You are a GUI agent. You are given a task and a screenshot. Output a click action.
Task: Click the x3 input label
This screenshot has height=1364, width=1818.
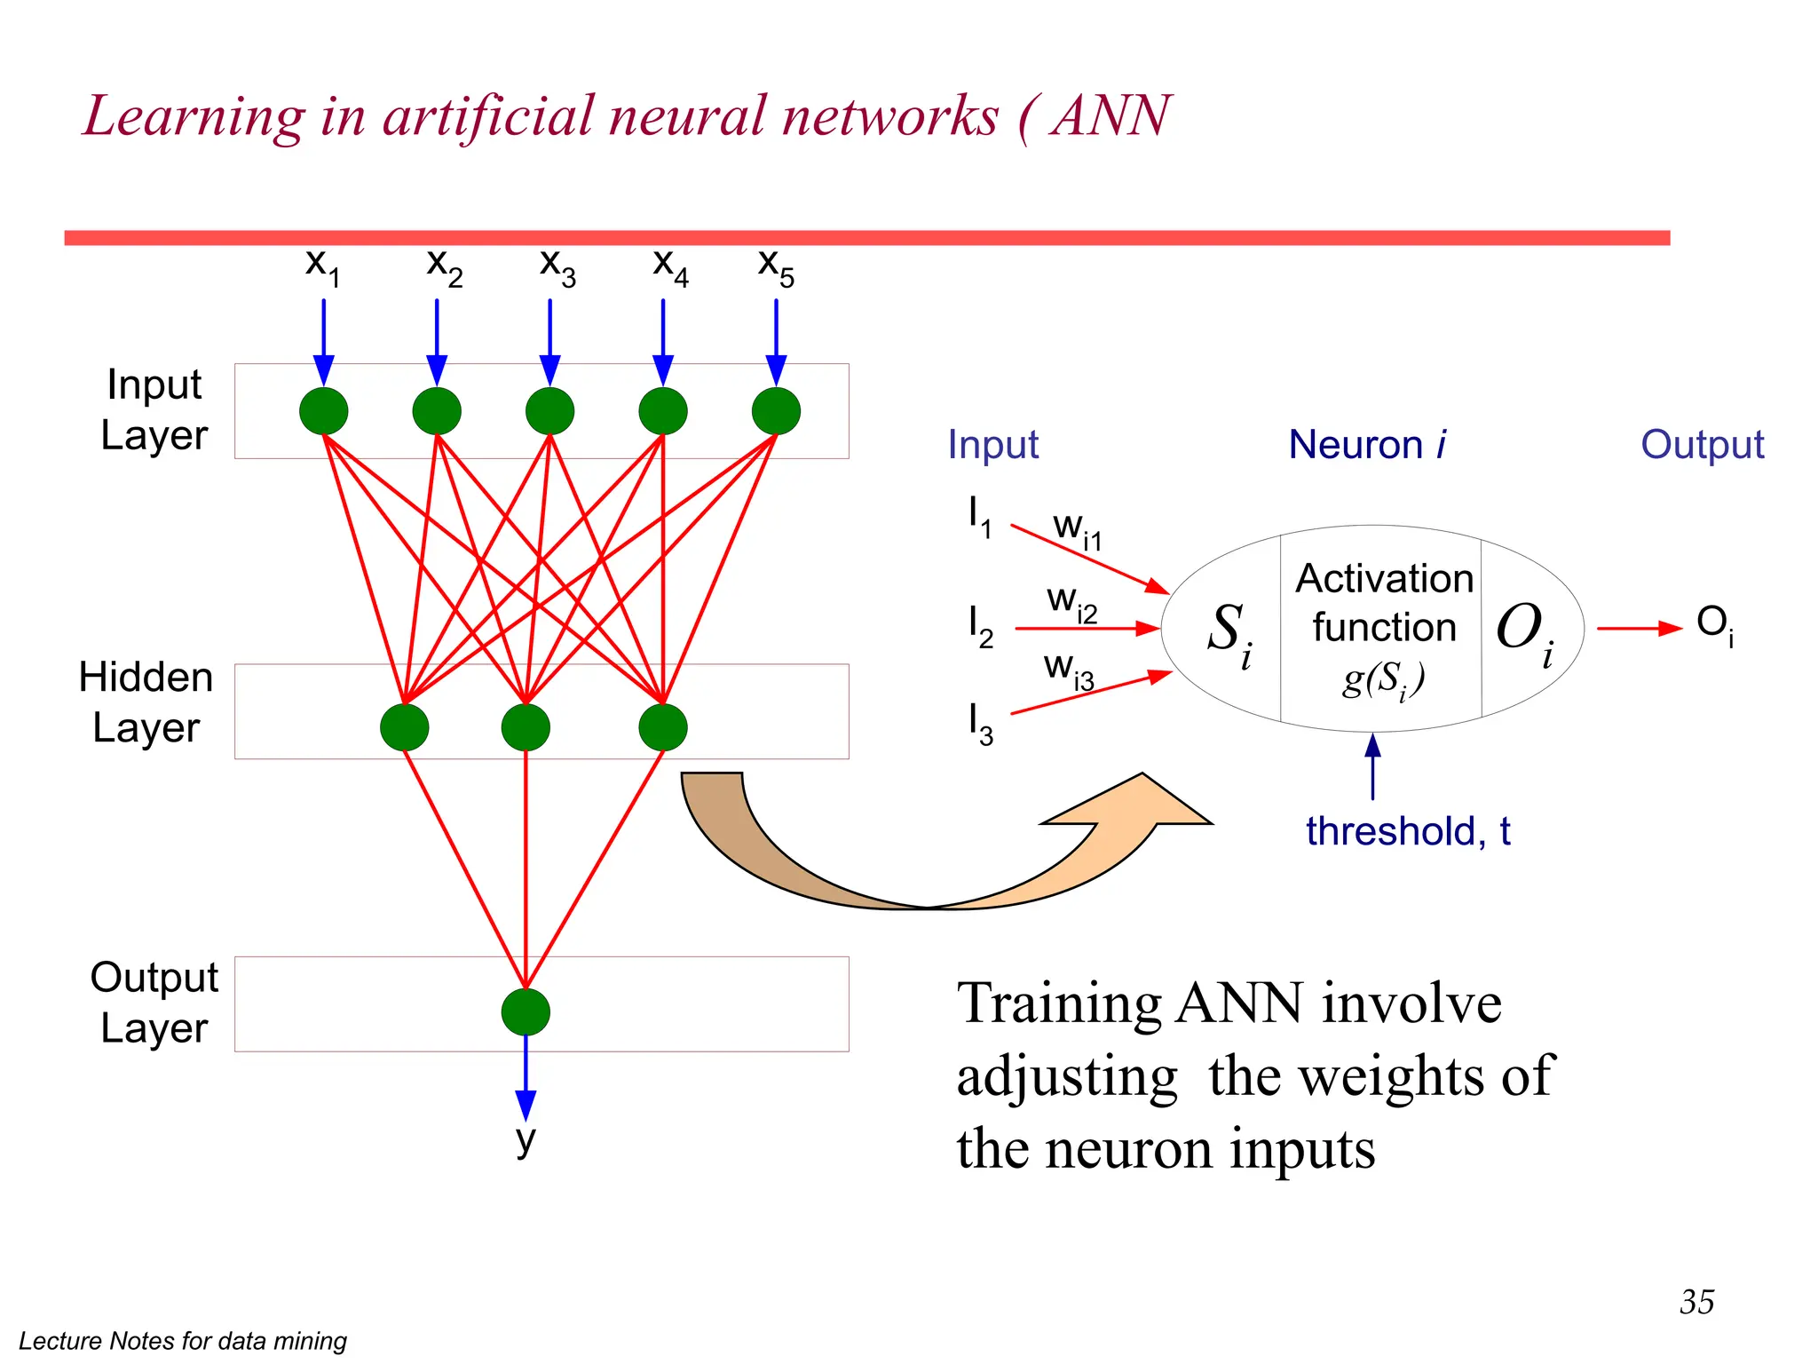[x=557, y=267]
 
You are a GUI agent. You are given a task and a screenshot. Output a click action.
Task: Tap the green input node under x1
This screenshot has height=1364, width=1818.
[x=324, y=411]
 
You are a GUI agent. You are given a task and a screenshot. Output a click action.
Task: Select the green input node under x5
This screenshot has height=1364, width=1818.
[x=776, y=411]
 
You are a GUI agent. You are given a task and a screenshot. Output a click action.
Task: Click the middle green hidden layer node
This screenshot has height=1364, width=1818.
[x=526, y=727]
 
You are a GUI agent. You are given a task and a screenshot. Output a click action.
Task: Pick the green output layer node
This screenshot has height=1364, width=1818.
[x=526, y=1012]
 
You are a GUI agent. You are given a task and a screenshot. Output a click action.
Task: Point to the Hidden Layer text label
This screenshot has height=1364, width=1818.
[x=146, y=702]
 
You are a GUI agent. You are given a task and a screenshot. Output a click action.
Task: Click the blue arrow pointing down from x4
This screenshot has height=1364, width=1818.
[x=663, y=342]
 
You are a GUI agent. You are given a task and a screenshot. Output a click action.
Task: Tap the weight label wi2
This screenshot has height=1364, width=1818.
[x=1072, y=603]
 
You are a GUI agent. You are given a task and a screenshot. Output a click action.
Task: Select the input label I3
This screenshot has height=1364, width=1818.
[x=980, y=724]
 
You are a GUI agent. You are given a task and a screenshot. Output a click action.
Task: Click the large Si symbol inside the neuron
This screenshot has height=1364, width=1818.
[x=1230, y=632]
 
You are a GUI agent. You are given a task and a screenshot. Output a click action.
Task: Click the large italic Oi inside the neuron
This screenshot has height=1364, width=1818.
[x=1525, y=632]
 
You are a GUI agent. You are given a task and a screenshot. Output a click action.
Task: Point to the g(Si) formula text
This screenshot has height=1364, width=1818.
[x=1383, y=680]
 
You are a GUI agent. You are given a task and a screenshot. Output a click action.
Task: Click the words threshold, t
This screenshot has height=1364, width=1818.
[x=1408, y=832]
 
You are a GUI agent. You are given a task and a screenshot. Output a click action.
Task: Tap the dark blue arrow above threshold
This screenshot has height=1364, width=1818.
[x=1372, y=765]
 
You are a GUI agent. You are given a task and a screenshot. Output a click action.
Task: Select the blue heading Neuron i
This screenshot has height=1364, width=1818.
[x=1367, y=444]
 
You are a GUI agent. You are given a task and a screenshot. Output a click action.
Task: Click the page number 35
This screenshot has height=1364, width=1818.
[x=1696, y=1302]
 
